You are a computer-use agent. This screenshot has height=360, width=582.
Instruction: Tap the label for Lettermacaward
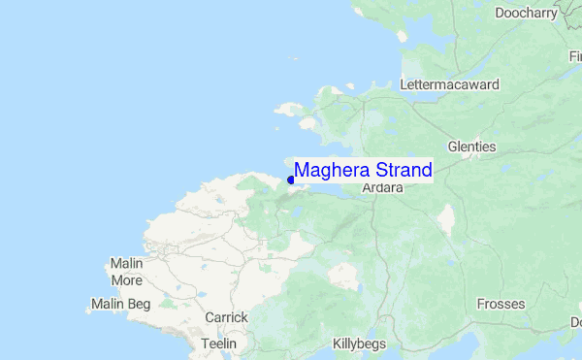coord(449,84)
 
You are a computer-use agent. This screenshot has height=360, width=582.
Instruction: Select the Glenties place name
coord(471,147)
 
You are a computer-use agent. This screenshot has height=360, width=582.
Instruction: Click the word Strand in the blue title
coord(398,171)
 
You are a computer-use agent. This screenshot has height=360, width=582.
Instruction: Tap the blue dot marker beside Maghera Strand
coord(291,180)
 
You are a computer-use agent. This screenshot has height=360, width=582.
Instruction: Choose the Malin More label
coord(126,273)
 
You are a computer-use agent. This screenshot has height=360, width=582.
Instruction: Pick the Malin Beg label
coord(120,305)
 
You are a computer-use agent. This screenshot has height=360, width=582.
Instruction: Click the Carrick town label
coord(226,317)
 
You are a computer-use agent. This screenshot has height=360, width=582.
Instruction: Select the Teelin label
coord(218,344)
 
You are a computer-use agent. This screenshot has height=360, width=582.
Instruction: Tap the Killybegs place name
coord(359,344)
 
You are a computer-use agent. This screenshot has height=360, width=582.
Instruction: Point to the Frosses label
coord(501,305)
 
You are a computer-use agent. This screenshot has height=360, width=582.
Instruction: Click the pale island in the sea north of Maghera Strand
coord(287,110)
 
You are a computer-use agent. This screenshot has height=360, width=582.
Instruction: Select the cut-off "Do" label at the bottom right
coord(575,321)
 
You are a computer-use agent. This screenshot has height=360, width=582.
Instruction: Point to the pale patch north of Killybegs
coord(344,277)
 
